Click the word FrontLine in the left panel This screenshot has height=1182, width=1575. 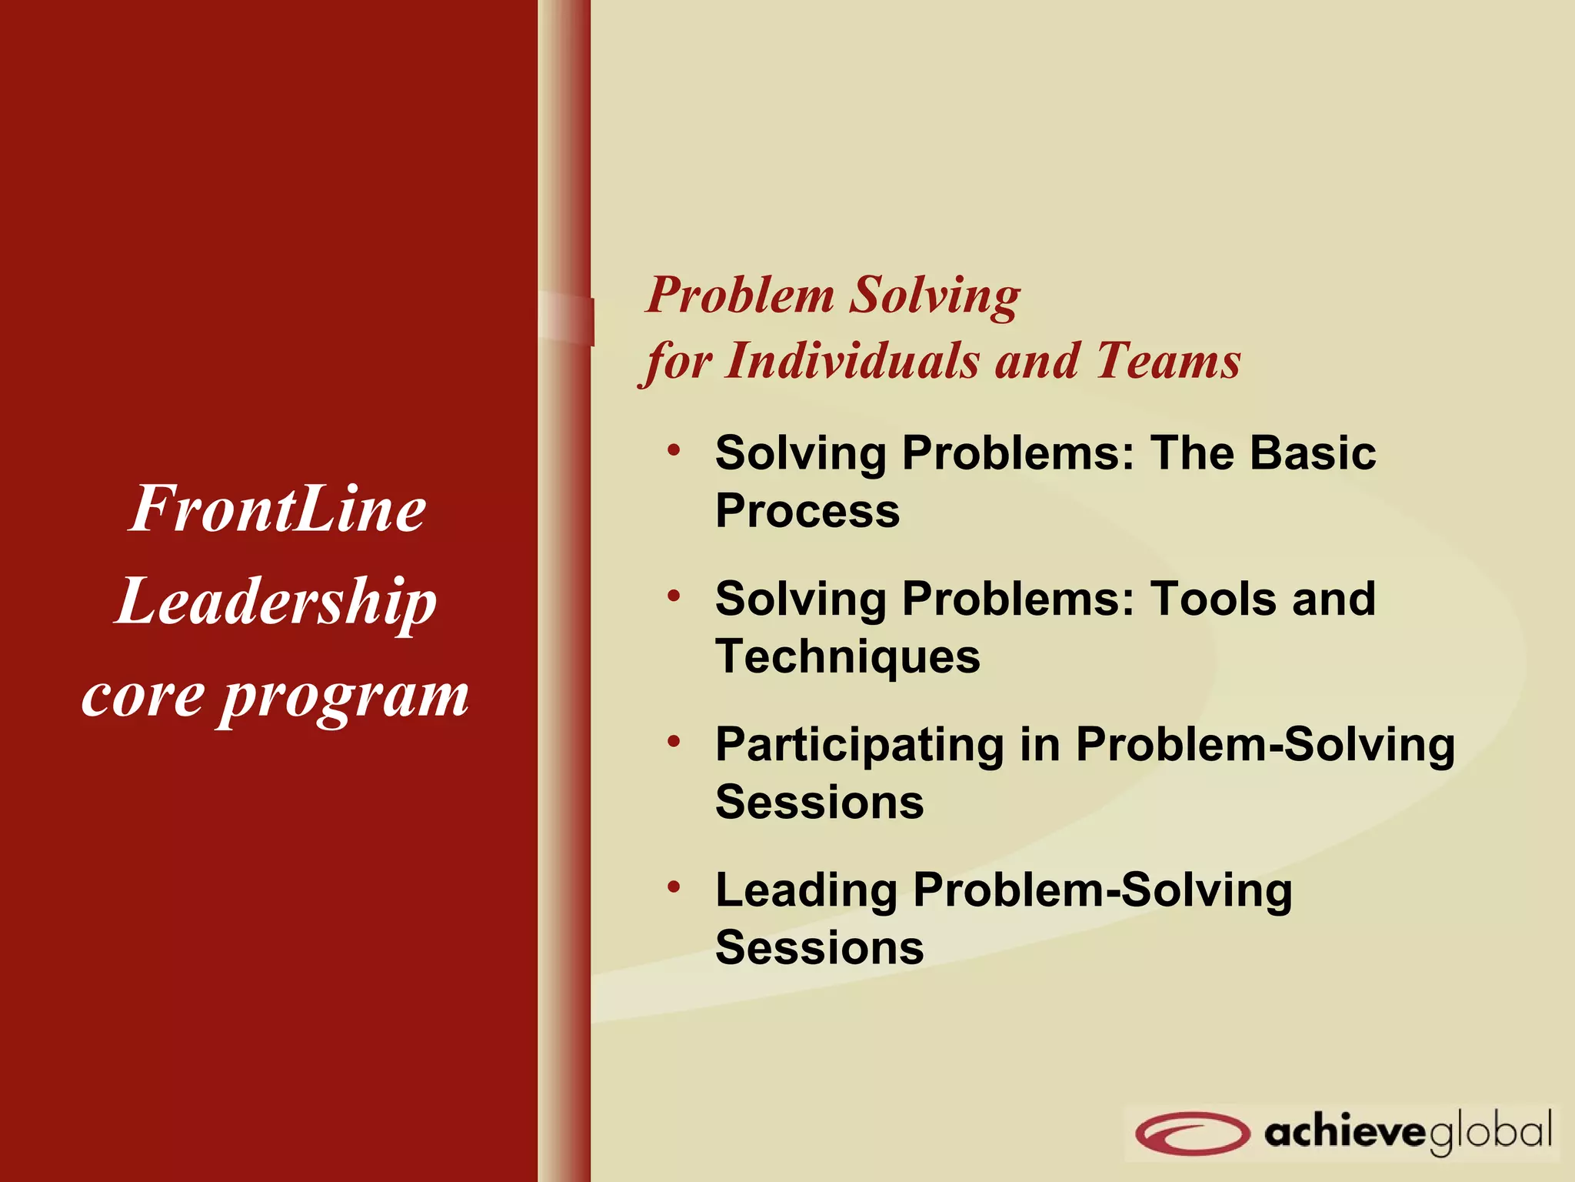[277, 509]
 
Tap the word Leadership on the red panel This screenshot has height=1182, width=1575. [277, 603]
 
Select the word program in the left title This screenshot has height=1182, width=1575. [344, 697]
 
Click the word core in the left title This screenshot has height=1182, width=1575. [143, 696]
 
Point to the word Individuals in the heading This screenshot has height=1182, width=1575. [853, 360]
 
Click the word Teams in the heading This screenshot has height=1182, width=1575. [1167, 360]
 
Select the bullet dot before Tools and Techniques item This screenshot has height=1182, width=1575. [674, 596]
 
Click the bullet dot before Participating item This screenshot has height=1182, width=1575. [674, 741]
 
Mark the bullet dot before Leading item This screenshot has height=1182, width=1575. [674, 887]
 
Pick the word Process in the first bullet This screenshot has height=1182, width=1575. [807, 511]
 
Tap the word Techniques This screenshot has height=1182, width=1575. [847, 657]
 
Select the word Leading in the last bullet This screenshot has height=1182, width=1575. [806, 890]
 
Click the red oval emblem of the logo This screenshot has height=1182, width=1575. [1191, 1133]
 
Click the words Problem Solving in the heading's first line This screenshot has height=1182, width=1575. [833, 295]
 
